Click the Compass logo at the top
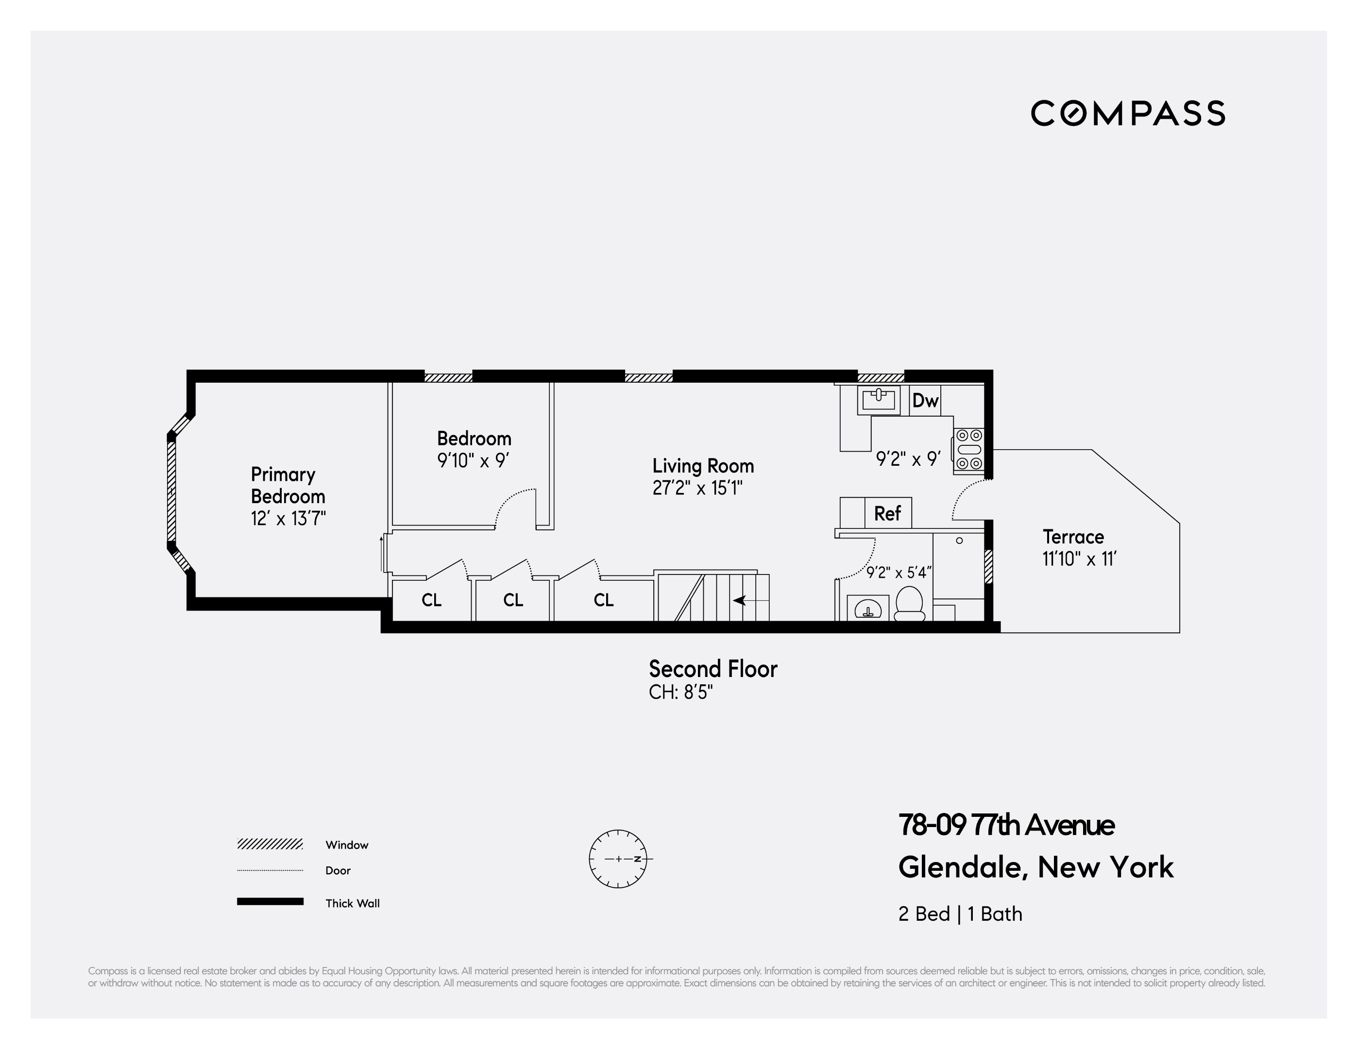tap(1127, 113)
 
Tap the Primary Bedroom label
tap(288, 485)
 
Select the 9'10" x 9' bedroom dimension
tap(474, 460)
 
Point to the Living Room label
tap(703, 466)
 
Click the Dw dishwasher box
tap(925, 401)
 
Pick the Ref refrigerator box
tap(887, 513)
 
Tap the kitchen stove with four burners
tap(968, 449)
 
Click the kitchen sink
tap(879, 400)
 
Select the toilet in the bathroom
tap(910, 604)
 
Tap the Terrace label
tap(1073, 537)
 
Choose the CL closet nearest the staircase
tap(603, 600)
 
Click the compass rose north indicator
tap(638, 859)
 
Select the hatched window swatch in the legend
tap(270, 844)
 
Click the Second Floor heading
tap(712, 669)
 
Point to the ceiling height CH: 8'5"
tap(680, 692)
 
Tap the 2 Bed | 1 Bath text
tap(960, 914)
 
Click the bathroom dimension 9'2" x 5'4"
tap(899, 573)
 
